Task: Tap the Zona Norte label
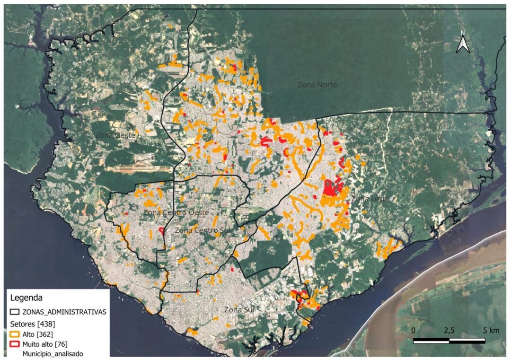tap(317, 85)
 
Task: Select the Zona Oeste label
tap(115, 135)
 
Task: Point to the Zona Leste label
tap(370, 199)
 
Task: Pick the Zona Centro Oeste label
tap(176, 213)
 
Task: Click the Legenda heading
tap(26, 298)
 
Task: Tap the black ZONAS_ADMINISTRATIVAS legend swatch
tap(15, 312)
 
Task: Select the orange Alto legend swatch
tap(15, 334)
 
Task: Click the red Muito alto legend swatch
tap(15, 344)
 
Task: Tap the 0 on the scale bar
tap(414, 330)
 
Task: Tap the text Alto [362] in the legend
tap(37, 334)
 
